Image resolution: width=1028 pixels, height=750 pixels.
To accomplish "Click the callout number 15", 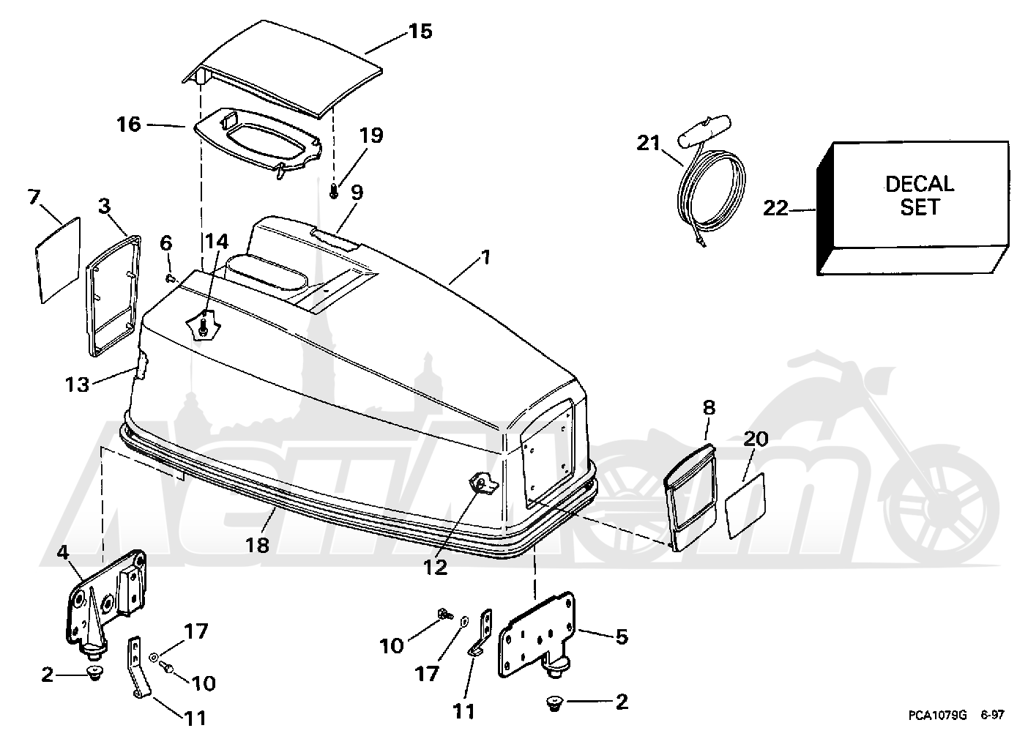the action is tap(420, 31).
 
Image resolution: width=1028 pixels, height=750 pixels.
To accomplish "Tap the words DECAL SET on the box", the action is tap(919, 196).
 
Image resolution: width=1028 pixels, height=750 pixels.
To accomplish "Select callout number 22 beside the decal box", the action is tap(775, 209).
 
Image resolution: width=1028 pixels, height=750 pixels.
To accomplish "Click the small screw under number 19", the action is tap(334, 191).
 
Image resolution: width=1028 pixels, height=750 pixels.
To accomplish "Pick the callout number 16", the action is tap(129, 124).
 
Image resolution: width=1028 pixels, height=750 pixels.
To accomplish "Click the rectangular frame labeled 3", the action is tap(113, 296).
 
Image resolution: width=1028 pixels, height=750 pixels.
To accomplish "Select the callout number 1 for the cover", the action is tap(485, 257).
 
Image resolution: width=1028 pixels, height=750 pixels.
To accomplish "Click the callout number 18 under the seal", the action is tap(257, 545).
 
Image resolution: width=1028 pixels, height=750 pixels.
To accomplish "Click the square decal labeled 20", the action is tap(745, 505).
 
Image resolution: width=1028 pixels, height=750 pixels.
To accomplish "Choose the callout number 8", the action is tap(709, 407).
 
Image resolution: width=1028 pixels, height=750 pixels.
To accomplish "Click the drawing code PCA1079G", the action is tap(938, 715).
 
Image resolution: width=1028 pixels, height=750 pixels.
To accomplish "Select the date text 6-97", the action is tap(993, 715).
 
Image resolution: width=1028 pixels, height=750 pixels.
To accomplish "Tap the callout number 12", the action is tap(435, 568).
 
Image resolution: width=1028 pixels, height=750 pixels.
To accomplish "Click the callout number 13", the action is tap(77, 385).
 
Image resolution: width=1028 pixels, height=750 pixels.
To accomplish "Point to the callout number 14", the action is tap(217, 242).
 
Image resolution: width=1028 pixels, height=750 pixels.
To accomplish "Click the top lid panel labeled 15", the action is tap(283, 69).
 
